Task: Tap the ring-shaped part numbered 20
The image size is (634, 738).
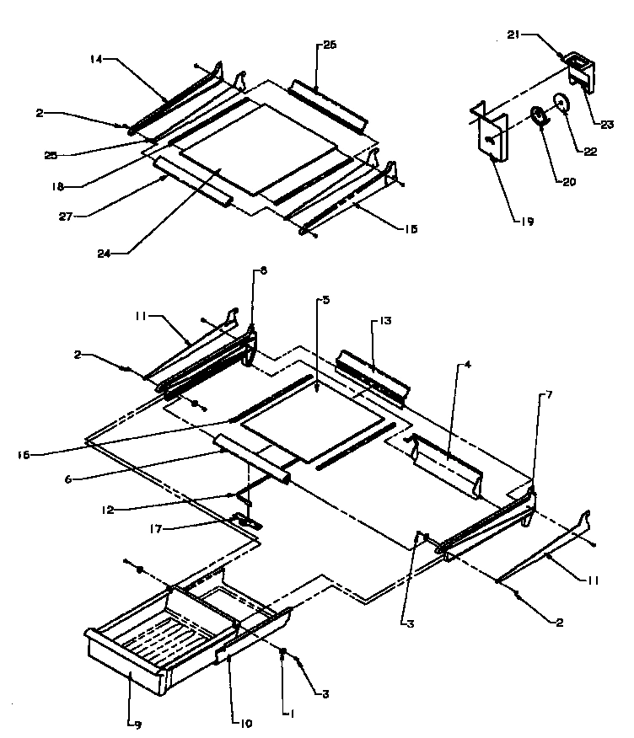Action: tap(537, 115)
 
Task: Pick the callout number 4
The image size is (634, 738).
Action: tap(466, 366)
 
